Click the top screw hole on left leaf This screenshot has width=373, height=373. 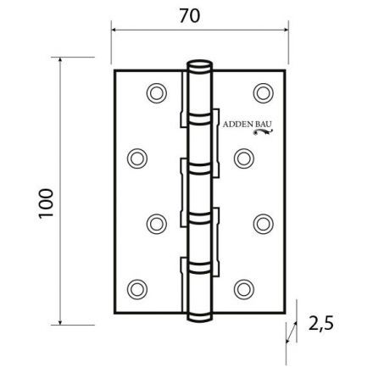click(x=155, y=92)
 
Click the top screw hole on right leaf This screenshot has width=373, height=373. click(x=264, y=92)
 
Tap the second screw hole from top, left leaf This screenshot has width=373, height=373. click(x=136, y=157)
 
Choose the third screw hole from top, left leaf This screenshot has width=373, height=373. click(x=155, y=222)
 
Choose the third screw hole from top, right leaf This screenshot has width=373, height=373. click(x=264, y=222)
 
